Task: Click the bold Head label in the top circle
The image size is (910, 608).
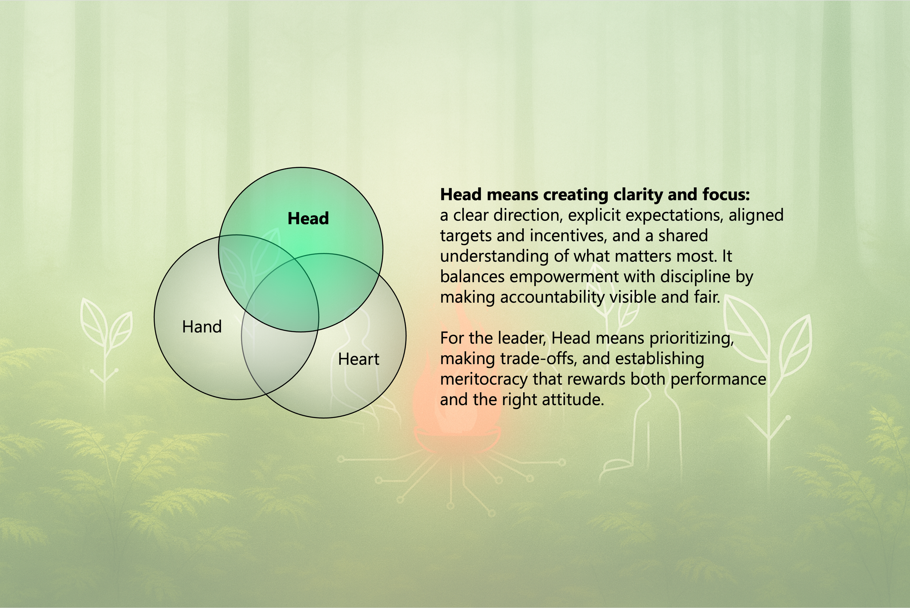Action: coord(308,219)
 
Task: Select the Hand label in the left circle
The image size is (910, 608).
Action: coord(202,327)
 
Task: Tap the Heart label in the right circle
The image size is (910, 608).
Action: coord(358,360)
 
